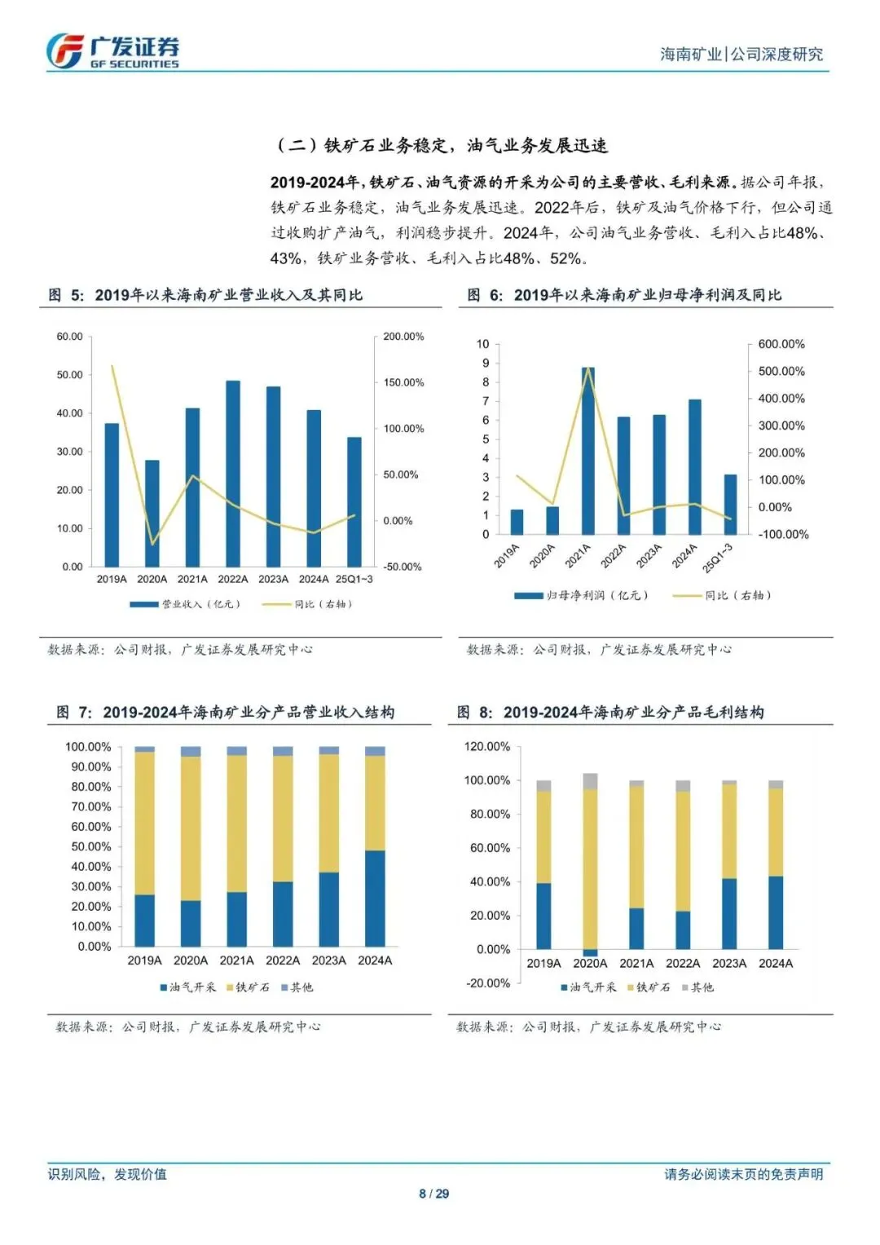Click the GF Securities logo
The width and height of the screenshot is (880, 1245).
[112, 51]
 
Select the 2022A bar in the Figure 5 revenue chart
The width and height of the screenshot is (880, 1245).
[233, 473]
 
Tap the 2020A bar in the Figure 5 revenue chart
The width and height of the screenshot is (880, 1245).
[152, 513]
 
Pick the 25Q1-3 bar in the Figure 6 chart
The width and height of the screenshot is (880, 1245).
[730, 504]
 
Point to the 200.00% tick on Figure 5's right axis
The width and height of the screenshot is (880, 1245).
[403, 337]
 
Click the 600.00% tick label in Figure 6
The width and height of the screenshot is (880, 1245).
[781, 344]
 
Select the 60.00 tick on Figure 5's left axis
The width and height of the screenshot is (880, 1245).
[70, 337]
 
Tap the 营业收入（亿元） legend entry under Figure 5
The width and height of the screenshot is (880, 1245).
[186, 604]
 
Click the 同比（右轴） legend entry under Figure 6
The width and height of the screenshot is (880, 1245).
[722, 595]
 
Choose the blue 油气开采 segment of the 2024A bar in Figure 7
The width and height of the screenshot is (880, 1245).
[375, 898]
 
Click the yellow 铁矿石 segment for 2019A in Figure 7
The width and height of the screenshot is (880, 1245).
[145, 823]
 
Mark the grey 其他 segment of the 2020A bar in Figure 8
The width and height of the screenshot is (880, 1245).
[590, 781]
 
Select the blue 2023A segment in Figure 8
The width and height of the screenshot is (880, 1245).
[729, 913]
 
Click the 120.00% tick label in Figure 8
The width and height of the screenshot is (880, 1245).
[487, 747]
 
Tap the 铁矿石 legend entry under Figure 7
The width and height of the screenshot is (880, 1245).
[248, 987]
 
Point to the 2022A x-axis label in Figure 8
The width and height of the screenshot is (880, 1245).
[683, 964]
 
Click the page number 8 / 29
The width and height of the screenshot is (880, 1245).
[433, 1194]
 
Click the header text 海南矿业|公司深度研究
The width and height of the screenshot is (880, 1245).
[741, 55]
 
